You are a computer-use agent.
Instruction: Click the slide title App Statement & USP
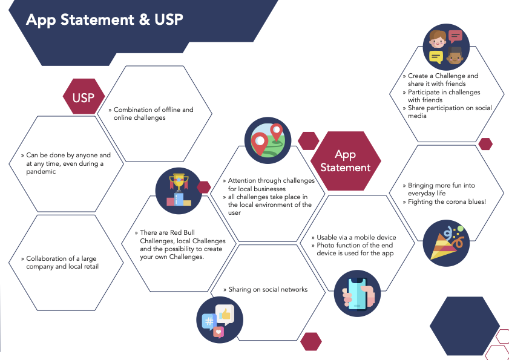click(104, 19)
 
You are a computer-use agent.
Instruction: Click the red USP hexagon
click(84, 97)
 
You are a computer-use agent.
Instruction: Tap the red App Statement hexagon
click(345, 161)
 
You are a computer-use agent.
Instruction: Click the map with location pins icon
click(268, 141)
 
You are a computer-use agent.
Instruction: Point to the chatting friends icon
click(446, 47)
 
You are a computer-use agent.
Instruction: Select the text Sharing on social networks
click(268, 289)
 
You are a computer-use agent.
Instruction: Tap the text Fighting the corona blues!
click(447, 201)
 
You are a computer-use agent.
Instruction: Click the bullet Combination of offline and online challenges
click(153, 114)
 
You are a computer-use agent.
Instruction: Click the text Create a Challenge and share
click(442, 80)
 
